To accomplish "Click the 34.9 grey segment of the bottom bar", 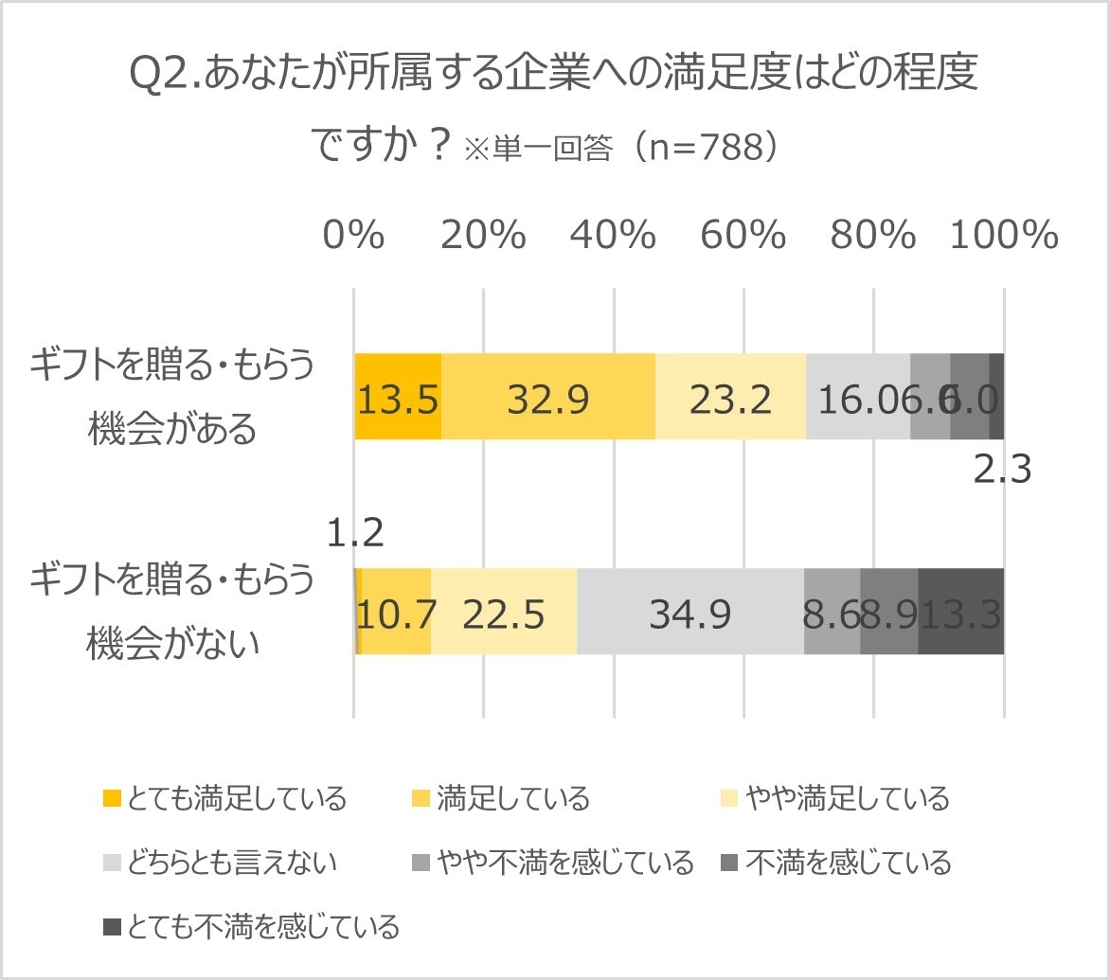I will [x=690, y=612].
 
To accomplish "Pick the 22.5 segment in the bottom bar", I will [x=504, y=612].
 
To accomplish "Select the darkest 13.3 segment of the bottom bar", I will [x=960, y=612].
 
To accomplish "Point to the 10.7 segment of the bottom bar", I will [x=396, y=612].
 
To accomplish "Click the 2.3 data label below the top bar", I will [x=1002, y=471].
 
